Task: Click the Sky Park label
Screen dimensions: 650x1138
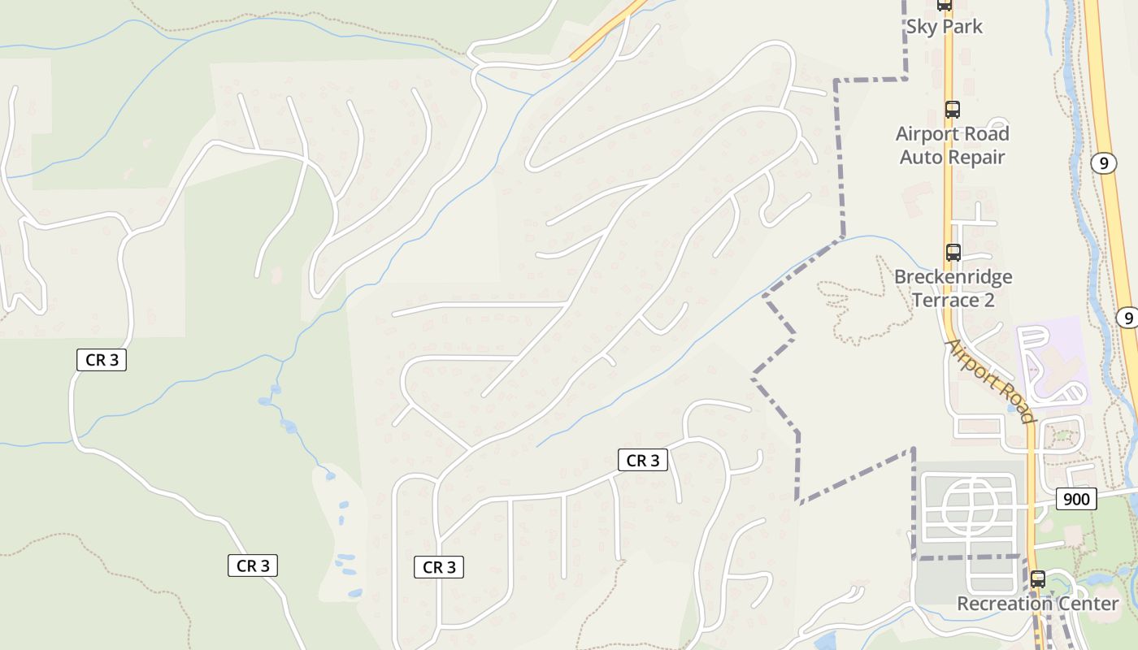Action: pyautogui.click(x=944, y=27)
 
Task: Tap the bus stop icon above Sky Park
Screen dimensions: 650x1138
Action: pyautogui.click(x=944, y=5)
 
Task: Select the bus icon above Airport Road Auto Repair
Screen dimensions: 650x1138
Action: pyautogui.click(x=952, y=110)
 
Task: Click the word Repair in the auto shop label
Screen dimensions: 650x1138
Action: pyautogui.click(x=978, y=157)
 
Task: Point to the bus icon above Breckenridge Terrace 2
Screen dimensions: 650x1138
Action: pyautogui.click(x=953, y=253)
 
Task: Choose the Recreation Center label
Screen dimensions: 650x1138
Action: pyautogui.click(x=1037, y=604)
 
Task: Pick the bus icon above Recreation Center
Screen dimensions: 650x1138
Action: pyautogui.click(x=1037, y=579)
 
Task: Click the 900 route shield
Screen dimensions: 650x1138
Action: pyautogui.click(x=1076, y=498)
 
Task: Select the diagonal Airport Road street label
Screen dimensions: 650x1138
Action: pyautogui.click(x=989, y=380)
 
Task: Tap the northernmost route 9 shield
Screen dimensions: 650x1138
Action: pyautogui.click(x=1102, y=163)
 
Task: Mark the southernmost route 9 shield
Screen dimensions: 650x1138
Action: pyautogui.click(x=1126, y=318)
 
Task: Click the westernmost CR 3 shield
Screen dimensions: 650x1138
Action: pyautogui.click(x=102, y=359)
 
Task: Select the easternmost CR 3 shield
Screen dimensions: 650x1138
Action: pyautogui.click(x=642, y=461)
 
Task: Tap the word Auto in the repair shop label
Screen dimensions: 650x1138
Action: pyautogui.click(x=920, y=157)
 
